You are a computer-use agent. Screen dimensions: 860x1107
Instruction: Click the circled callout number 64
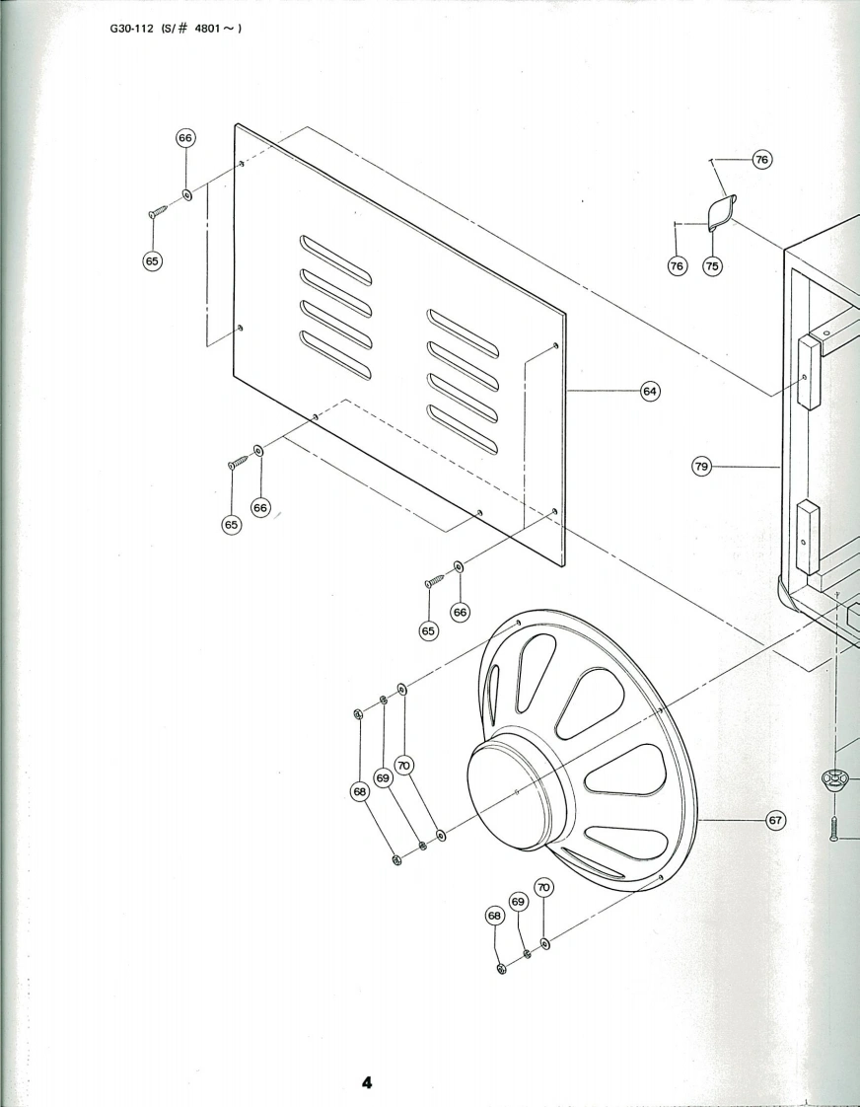pos(650,392)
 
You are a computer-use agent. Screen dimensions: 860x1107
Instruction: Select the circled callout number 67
pos(775,820)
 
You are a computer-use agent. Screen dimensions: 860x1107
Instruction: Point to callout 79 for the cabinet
pos(702,466)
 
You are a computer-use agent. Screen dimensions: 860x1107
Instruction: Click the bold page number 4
pos(367,1083)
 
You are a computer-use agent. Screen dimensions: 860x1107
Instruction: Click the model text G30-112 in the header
pos(132,27)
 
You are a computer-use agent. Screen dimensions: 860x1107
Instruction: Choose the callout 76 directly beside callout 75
pos(678,265)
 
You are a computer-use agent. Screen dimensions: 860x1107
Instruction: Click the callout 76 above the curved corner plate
pos(761,160)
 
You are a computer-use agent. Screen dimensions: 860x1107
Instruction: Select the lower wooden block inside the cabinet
pos(807,537)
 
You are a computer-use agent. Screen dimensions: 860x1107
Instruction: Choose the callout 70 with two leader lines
pos(403,765)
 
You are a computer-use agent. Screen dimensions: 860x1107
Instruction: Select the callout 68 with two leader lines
pos(360,790)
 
